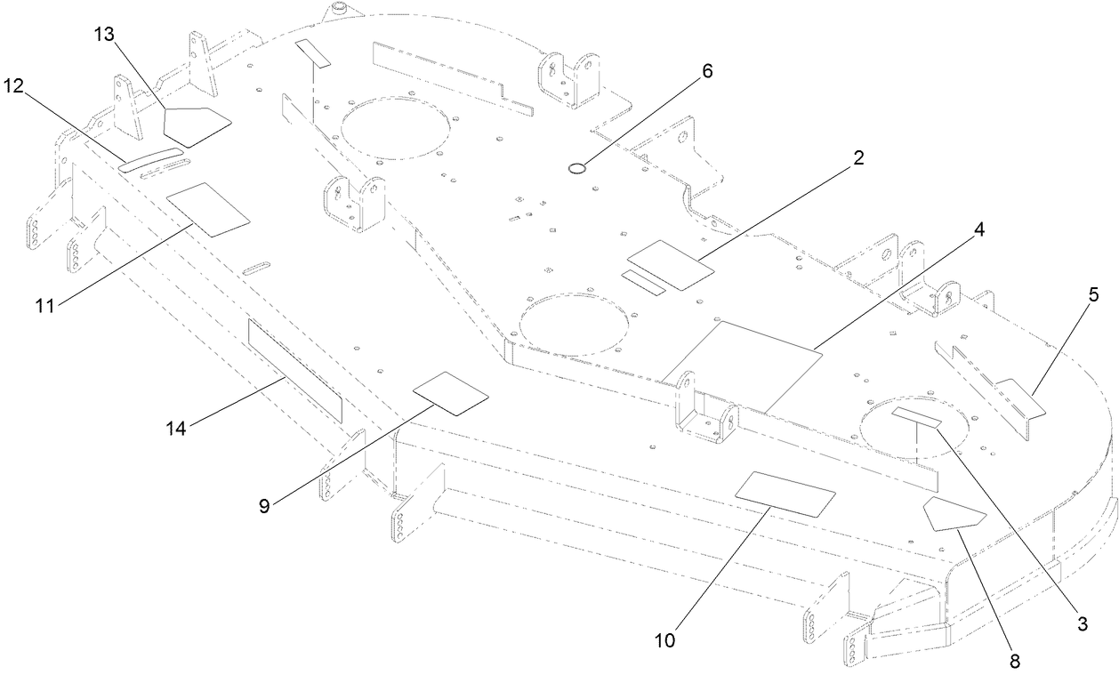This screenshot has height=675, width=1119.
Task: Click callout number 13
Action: (105, 35)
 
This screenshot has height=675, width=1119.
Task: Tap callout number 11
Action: (45, 306)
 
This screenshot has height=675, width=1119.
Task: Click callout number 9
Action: (263, 505)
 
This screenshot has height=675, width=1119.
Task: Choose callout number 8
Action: (1013, 661)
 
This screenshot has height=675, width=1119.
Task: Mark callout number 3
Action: (1082, 623)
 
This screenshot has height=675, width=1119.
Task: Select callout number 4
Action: (978, 229)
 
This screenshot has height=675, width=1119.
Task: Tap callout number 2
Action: (857, 158)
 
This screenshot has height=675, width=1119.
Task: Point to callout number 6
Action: (707, 72)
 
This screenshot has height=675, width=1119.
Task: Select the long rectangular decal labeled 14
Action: (294, 370)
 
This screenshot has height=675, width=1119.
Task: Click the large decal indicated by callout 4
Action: (745, 366)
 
